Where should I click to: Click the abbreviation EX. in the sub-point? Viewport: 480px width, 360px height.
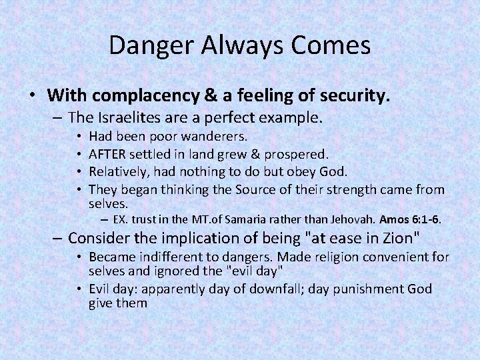[x=121, y=218]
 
